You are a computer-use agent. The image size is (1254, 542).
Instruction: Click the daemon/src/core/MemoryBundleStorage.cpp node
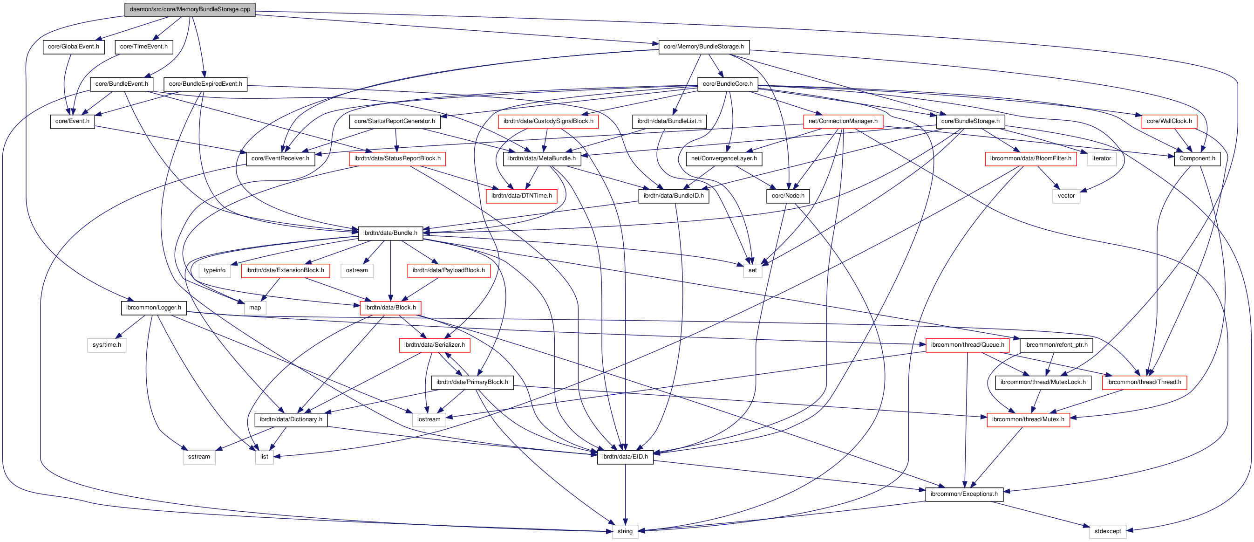190,9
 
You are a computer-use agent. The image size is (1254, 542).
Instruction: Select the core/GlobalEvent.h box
74,47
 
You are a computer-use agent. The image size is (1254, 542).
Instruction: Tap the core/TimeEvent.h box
143,47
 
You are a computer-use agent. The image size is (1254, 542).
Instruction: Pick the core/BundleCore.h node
727,84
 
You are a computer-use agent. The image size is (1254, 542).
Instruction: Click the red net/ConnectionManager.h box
843,121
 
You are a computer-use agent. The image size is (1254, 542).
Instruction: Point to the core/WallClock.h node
1169,121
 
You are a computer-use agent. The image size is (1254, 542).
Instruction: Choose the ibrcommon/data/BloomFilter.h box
1030,159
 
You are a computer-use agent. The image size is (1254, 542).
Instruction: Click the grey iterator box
1101,159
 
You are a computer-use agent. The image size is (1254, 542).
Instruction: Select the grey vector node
1066,196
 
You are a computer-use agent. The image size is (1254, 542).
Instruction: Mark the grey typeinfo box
215,270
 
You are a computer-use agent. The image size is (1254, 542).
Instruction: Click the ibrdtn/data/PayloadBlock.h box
448,270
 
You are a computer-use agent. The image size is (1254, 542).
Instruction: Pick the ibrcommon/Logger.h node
153,308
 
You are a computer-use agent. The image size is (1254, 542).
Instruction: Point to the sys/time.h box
107,345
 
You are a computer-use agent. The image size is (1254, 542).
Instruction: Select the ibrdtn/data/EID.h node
625,457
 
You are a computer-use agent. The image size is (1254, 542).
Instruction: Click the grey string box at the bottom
625,531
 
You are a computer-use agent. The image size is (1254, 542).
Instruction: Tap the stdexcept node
1107,531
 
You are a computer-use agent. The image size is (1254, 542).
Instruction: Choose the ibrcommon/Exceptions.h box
964,494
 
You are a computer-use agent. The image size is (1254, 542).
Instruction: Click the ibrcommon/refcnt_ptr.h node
1056,345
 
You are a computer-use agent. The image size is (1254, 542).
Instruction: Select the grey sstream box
198,457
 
